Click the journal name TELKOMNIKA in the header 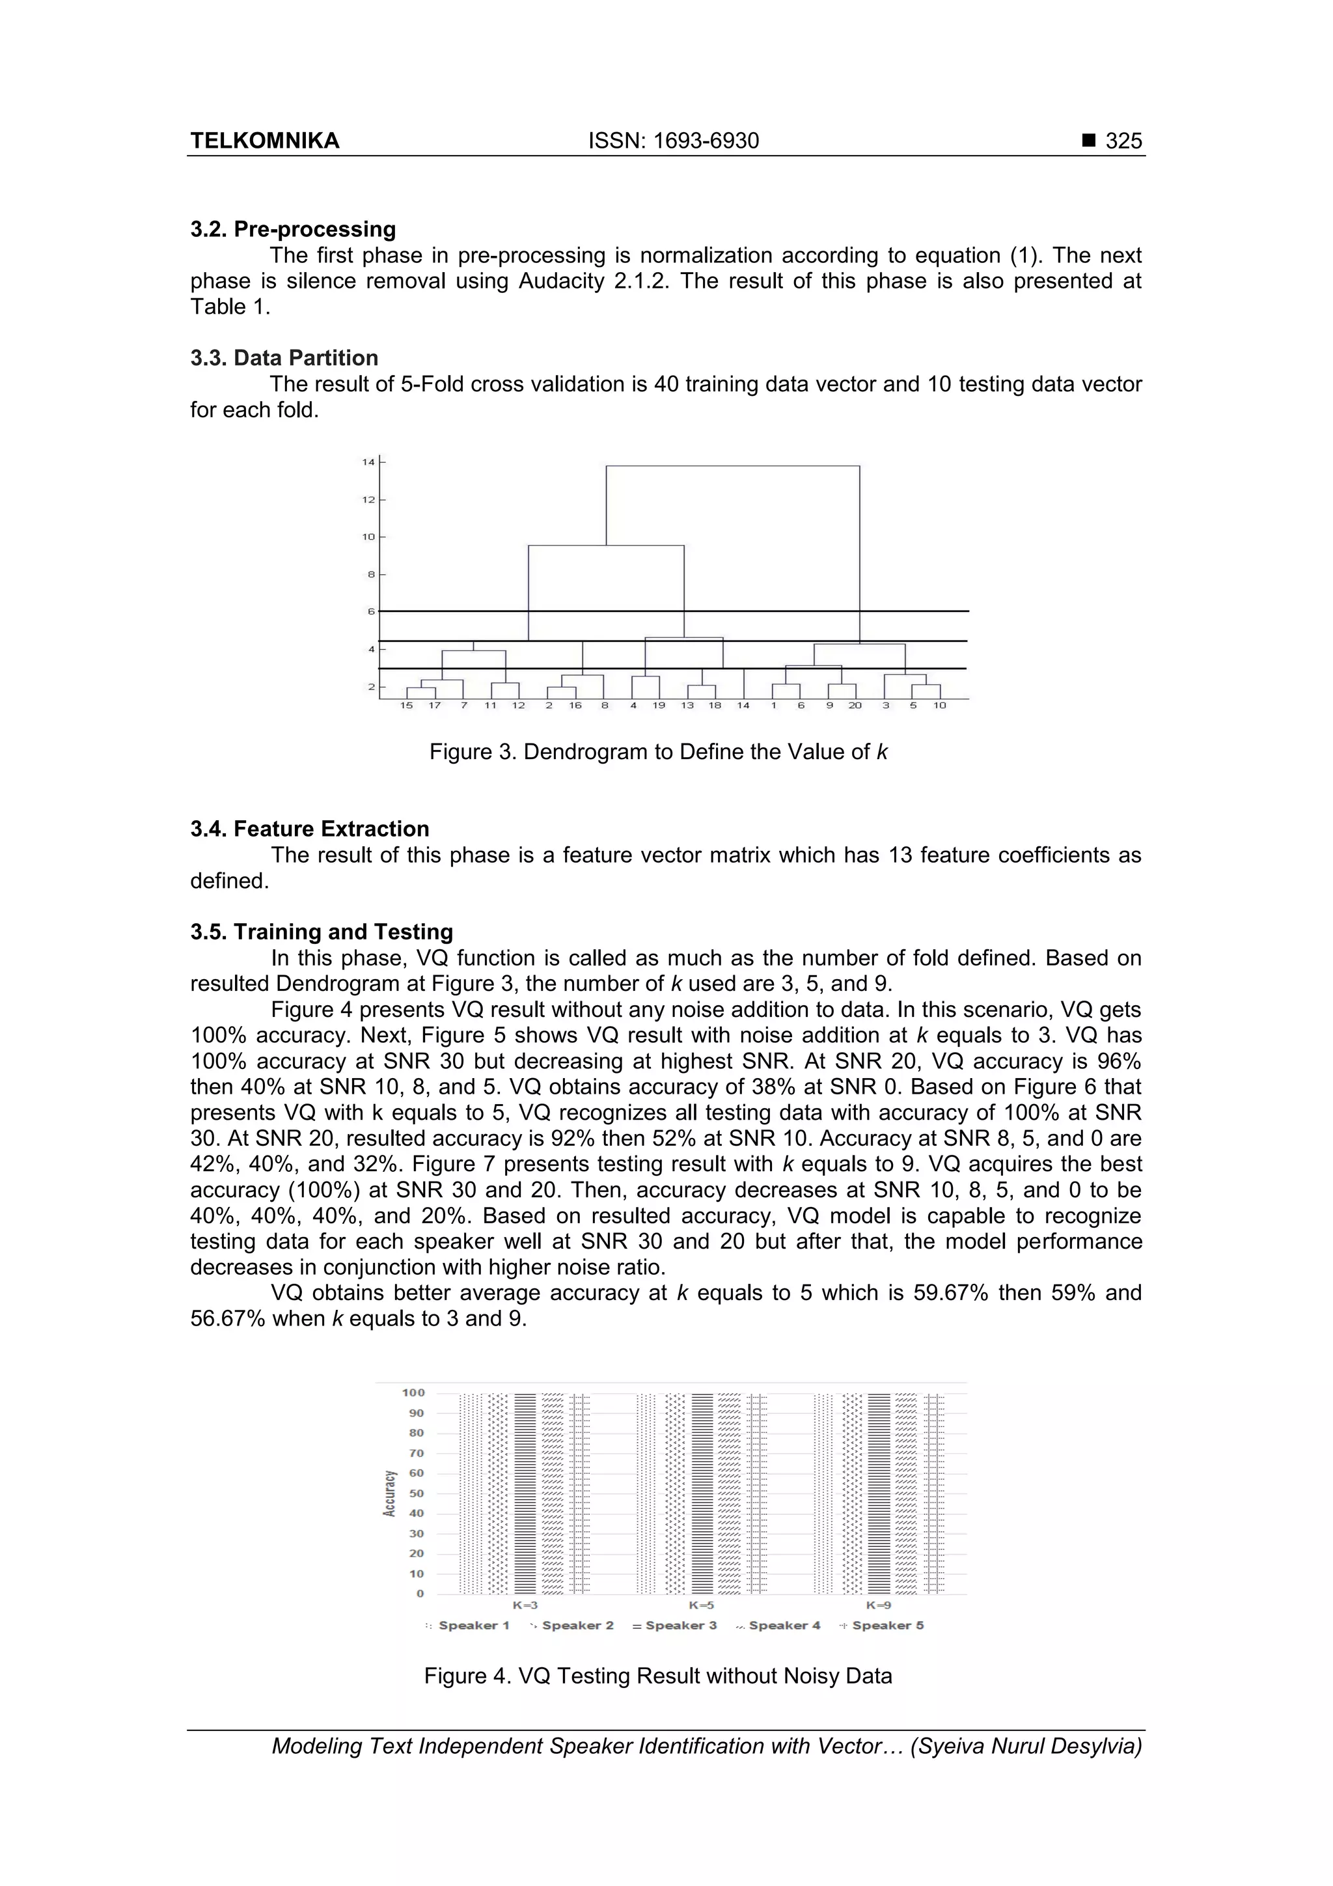click(x=264, y=141)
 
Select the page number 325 click(x=1123, y=141)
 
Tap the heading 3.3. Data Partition click(x=284, y=357)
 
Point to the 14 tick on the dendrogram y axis click(x=368, y=462)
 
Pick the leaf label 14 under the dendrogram click(x=743, y=706)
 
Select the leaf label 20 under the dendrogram click(x=855, y=706)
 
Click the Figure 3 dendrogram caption click(x=658, y=752)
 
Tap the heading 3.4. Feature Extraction click(x=310, y=829)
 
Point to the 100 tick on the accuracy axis click(x=413, y=1393)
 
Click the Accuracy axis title click(x=389, y=1493)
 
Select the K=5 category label click(x=702, y=1604)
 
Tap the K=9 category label click(x=878, y=1604)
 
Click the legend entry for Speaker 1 click(x=467, y=1625)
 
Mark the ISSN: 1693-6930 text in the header click(x=674, y=141)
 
